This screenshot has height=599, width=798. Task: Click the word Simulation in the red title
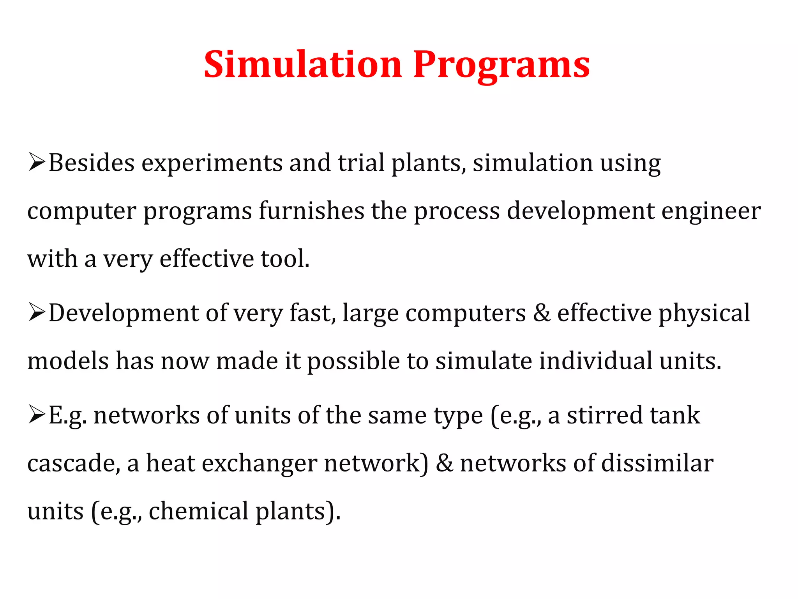tap(302, 64)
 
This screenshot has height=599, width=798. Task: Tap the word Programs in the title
tap(501, 65)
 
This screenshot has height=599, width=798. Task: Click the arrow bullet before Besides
tap(37, 162)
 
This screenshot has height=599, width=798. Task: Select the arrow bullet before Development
tap(37, 313)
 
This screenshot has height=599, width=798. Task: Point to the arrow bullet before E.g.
tap(37, 415)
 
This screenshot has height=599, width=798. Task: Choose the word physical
tap(704, 314)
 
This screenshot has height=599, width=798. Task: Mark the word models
tap(68, 361)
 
